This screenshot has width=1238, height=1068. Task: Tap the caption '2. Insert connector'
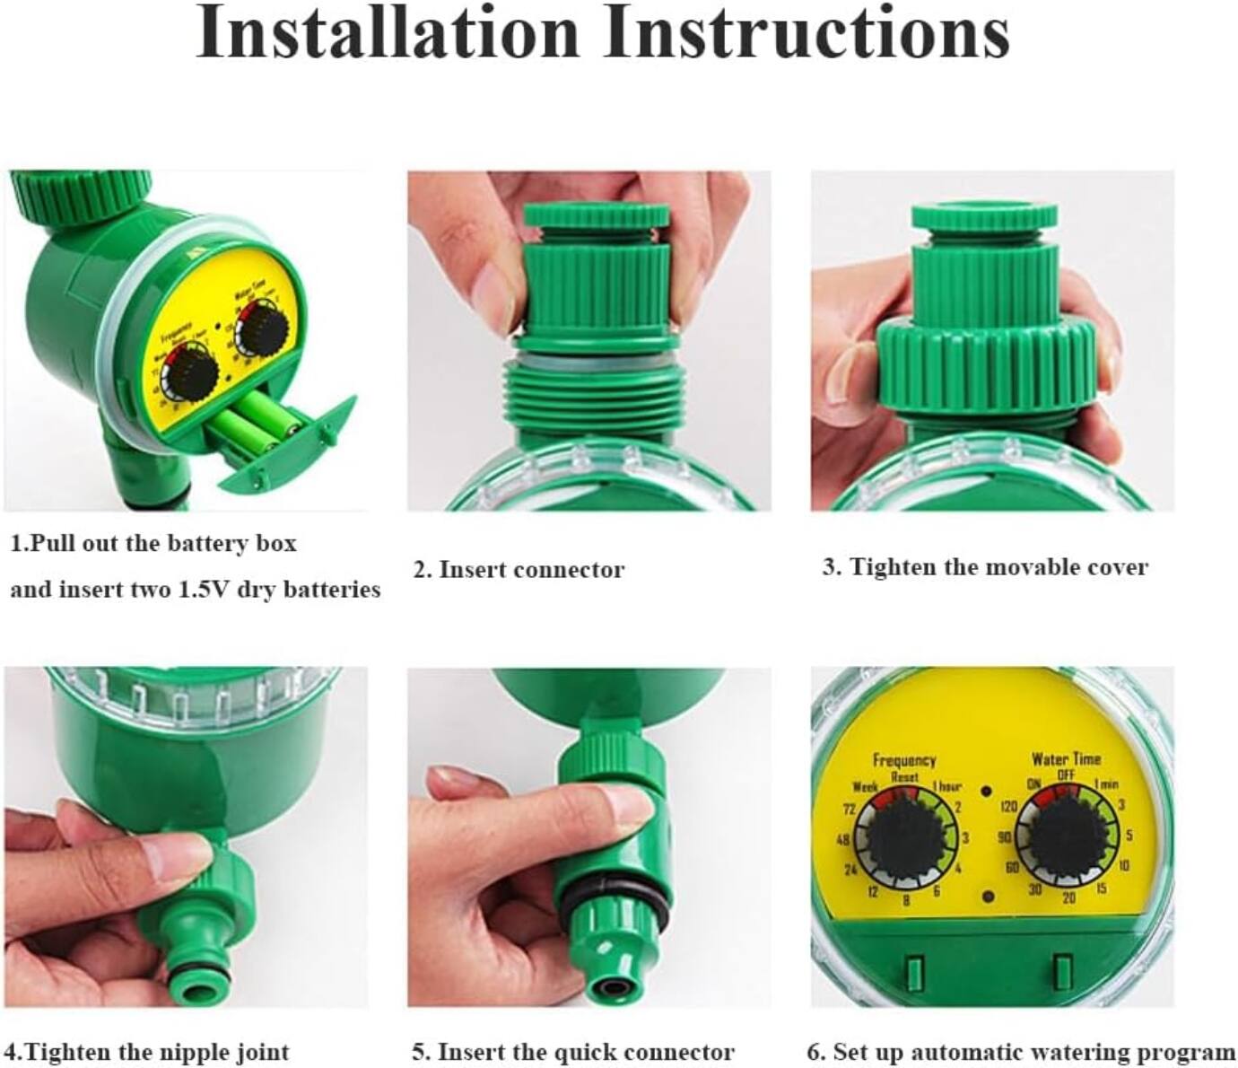(x=519, y=570)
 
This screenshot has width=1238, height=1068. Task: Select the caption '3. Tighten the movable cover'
(x=984, y=567)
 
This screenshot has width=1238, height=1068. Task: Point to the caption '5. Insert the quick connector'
(x=572, y=1051)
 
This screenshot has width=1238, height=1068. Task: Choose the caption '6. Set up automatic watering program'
(x=1020, y=1051)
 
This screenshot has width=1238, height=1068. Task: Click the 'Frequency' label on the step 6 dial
(x=903, y=760)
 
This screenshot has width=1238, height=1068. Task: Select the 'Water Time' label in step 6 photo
(x=1066, y=759)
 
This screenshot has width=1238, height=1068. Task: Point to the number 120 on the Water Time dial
(x=1008, y=807)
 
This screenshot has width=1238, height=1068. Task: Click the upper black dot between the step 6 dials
(x=986, y=792)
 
